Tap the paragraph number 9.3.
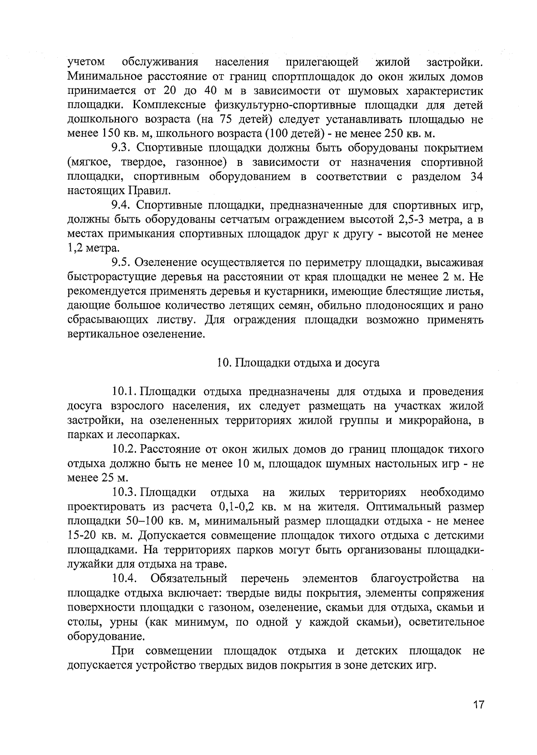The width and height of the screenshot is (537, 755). pyautogui.click(x=121, y=148)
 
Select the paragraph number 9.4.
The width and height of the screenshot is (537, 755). pyautogui.click(x=121, y=205)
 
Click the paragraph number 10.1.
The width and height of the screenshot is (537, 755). pyautogui.click(x=125, y=392)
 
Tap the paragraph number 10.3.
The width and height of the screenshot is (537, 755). pyautogui.click(x=125, y=493)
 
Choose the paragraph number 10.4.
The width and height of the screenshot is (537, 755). pyautogui.click(x=124, y=579)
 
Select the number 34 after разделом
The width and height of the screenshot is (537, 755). pyautogui.click(x=477, y=177)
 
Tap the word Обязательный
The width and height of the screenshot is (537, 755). pyautogui.click(x=189, y=579)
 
